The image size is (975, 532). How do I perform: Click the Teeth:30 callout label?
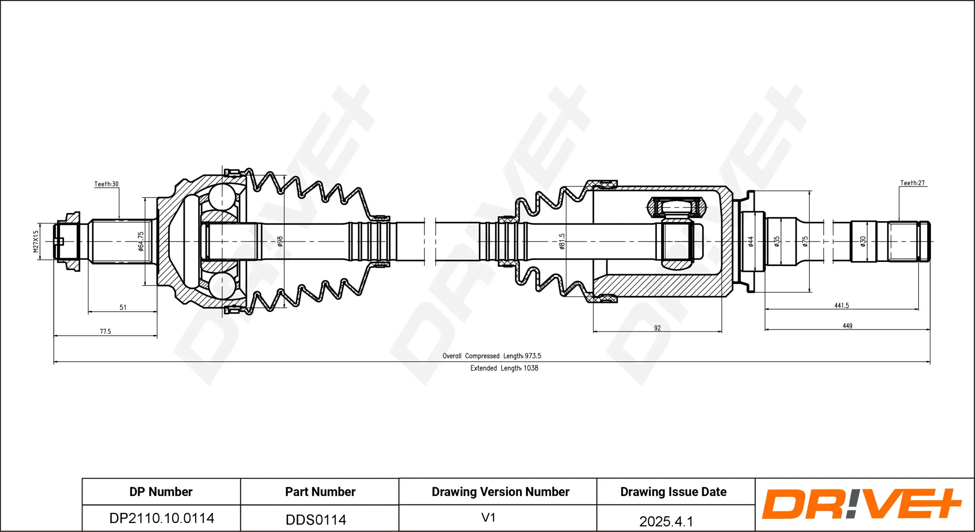[106, 184]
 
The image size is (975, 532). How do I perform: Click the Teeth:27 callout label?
[912, 183]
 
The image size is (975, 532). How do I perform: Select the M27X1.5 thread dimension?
[36, 241]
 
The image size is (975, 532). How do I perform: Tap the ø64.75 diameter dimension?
[141, 241]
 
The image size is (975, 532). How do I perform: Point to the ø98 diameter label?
[280, 241]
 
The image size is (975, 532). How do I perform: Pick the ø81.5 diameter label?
[562, 241]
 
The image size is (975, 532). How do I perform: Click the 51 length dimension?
[123, 307]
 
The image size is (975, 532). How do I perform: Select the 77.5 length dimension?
[105, 331]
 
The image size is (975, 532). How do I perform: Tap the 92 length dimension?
[658, 328]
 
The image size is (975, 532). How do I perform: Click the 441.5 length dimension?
[842, 306]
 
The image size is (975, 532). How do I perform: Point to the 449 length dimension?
[847, 326]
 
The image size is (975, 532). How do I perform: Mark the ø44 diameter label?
[751, 241]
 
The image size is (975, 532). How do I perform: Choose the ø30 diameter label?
[863, 241]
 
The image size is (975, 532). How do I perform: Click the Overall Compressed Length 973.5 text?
[492, 356]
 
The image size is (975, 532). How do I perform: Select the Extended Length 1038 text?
[504, 368]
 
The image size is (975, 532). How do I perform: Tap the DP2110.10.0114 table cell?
[161, 518]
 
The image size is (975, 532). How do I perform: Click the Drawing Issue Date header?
[674, 492]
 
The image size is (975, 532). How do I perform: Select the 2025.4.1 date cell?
[666, 521]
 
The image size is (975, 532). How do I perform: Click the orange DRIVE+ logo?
[862, 504]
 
